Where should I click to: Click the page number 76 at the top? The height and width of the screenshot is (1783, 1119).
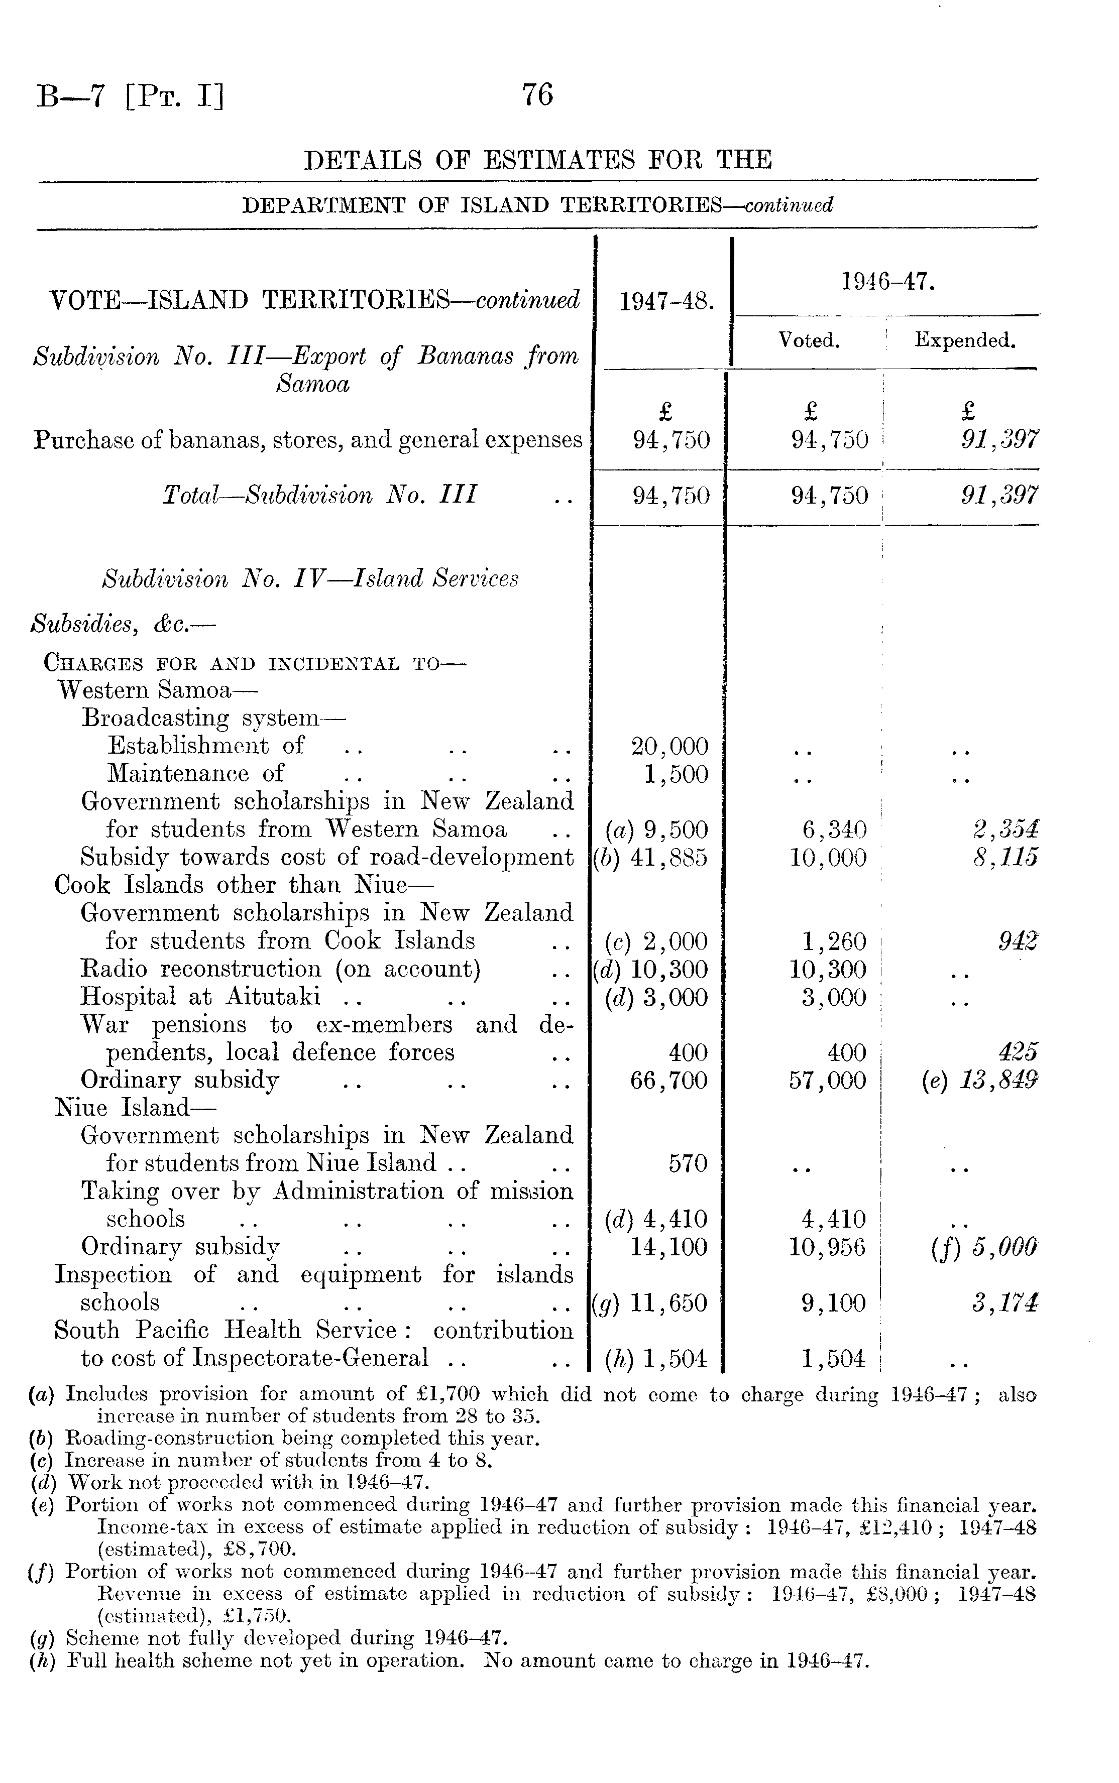click(x=537, y=95)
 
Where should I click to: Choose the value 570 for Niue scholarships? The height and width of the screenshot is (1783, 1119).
click(x=688, y=1164)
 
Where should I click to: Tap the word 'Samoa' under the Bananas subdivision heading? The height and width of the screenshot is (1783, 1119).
click(x=312, y=385)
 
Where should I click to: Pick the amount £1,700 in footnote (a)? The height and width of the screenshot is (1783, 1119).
click(x=446, y=1394)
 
